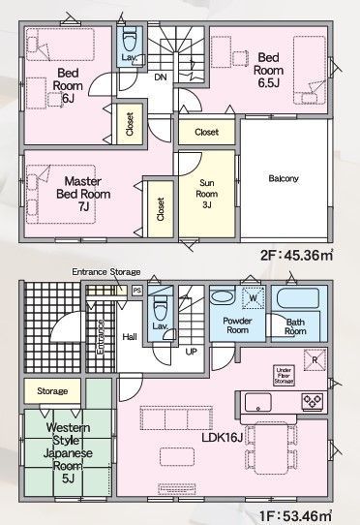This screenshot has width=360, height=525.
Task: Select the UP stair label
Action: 192,352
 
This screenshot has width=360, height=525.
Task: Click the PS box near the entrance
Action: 136,289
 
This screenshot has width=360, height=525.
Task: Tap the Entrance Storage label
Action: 105,272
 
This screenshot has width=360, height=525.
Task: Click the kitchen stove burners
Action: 313,400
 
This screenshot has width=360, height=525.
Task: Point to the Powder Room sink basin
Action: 221,297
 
